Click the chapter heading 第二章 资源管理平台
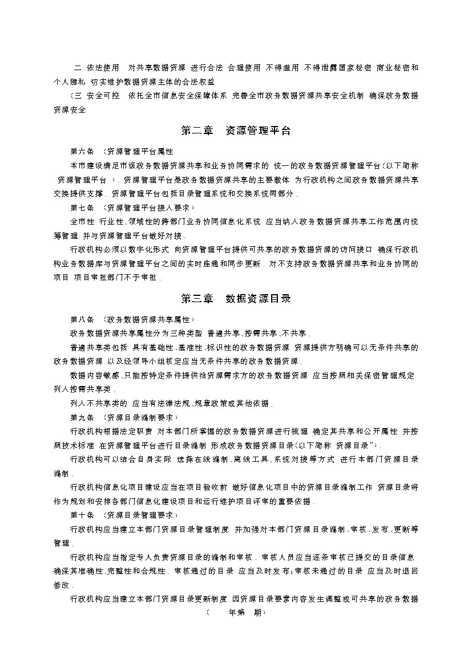pyautogui.click(x=236, y=131)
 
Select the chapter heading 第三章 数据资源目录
pyautogui.click(x=236, y=298)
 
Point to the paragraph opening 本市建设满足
pyautogui.click(x=95, y=166)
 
